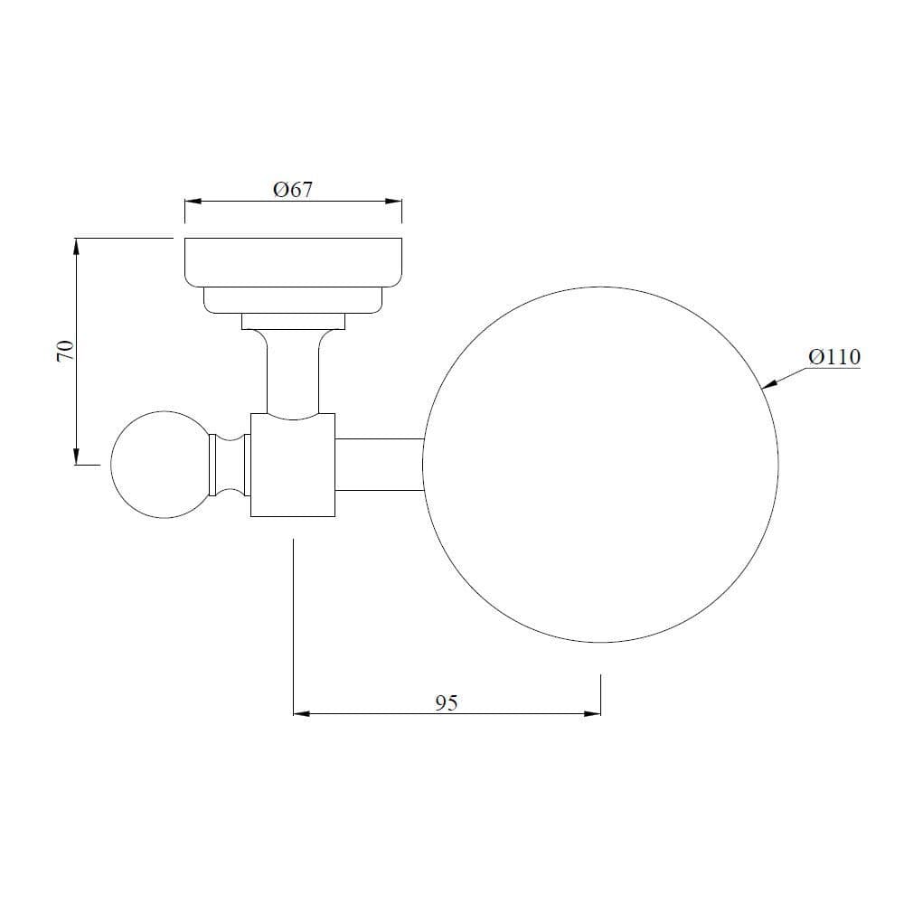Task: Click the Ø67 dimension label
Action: [293, 189]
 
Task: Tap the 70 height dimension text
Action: [66, 351]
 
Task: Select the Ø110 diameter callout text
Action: [834, 357]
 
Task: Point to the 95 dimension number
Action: [447, 702]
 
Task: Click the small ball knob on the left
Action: [161, 465]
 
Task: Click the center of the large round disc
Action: [600, 465]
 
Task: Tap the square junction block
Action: [293, 465]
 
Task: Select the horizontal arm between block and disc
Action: [380, 465]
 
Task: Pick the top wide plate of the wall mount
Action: [293, 262]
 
